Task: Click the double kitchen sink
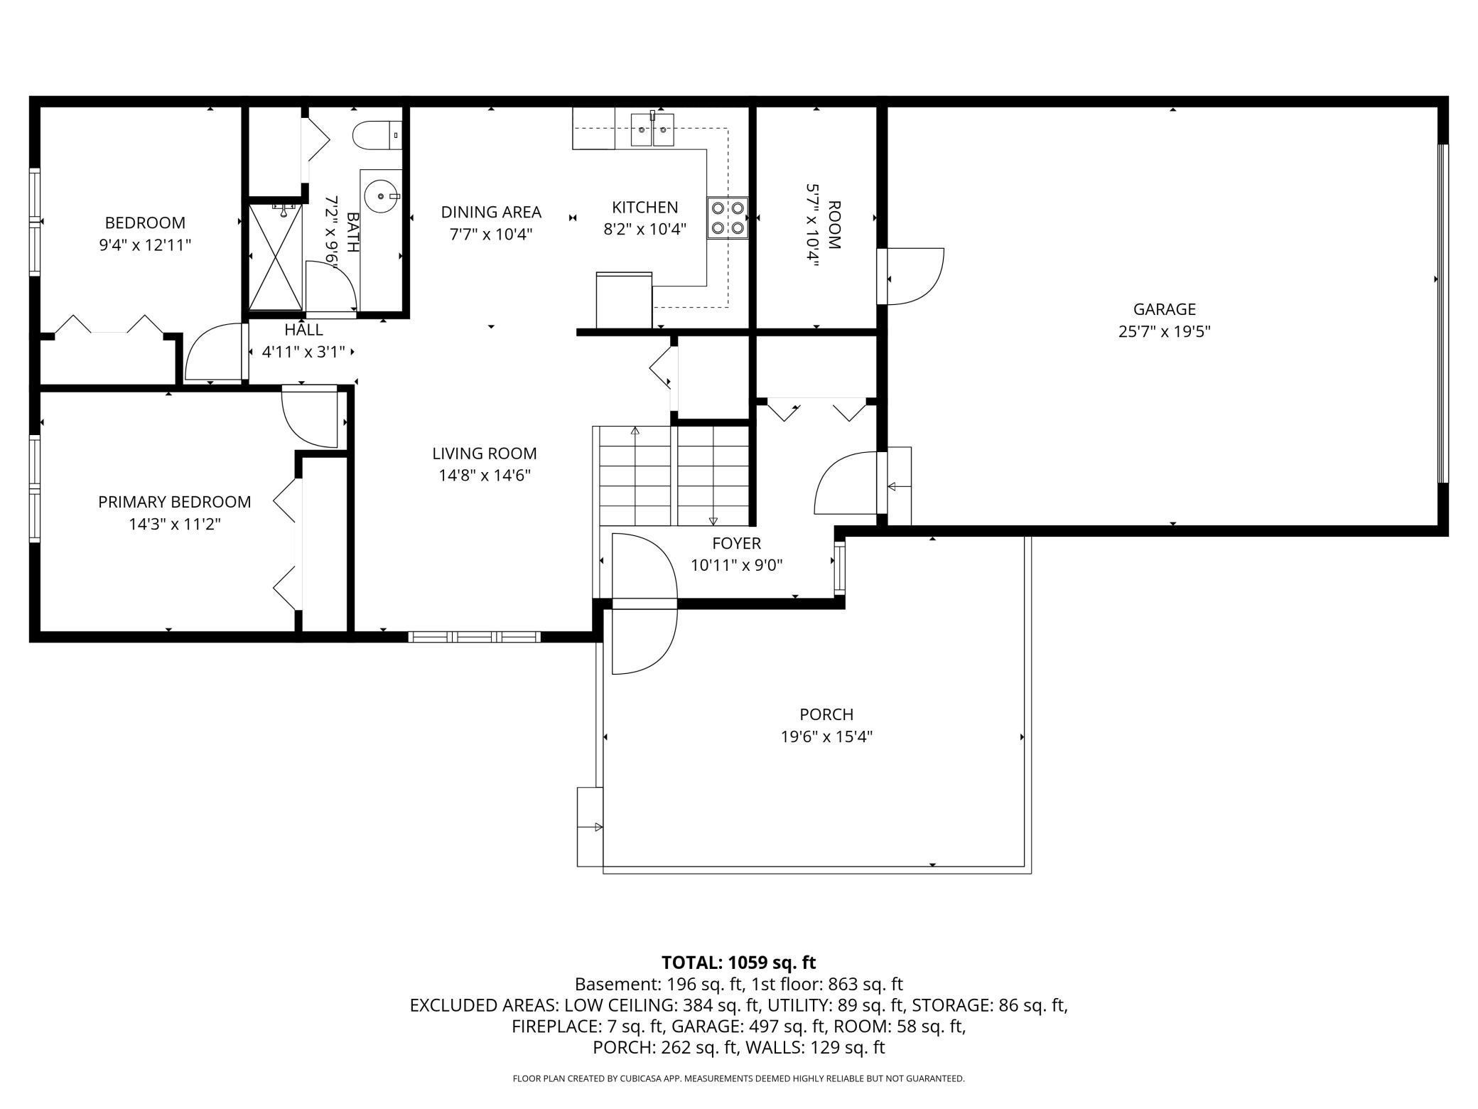click(652, 132)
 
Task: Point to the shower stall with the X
click(275, 257)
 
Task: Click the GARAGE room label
click(1164, 309)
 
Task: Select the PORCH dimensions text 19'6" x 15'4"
click(826, 736)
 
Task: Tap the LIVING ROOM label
click(485, 454)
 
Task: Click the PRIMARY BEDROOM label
click(174, 502)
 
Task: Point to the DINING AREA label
click(491, 212)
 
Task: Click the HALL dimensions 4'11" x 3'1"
click(303, 351)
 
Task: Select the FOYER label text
click(736, 543)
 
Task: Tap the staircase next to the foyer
click(674, 475)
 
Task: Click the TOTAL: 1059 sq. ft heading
click(738, 963)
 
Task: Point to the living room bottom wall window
click(475, 636)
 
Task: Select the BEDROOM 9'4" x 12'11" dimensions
click(145, 245)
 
